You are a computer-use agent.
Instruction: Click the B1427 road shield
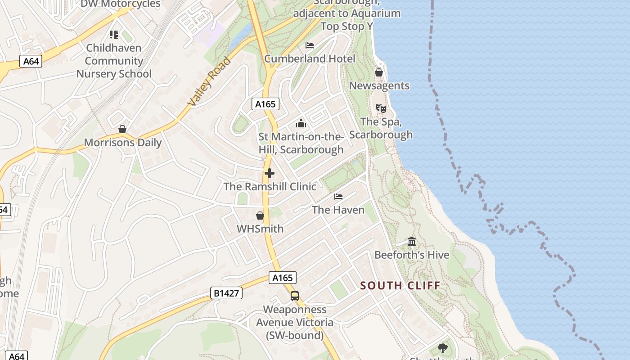[x=226, y=293]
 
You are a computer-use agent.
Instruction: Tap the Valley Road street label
[x=210, y=82]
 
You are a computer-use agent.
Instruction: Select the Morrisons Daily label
[x=123, y=143]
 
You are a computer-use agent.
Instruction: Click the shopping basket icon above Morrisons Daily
[x=122, y=130]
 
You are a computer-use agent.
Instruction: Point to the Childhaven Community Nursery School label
[x=114, y=61]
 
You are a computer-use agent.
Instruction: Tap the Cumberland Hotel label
[x=310, y=58]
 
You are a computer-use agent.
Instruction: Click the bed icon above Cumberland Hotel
[x=310, y=45]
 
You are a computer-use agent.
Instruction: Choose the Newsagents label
[x=379, y=85]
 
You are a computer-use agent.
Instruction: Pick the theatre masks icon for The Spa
[x=381, y=108]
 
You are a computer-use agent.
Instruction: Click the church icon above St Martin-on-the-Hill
[x=301, y=123]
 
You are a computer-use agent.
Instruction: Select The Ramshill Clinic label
[x=270, y=186]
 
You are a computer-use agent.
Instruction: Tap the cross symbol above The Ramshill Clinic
[x=270, y=173]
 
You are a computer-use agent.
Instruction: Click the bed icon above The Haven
[x=338, y=197]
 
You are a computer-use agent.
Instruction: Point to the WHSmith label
[x=260, y=229]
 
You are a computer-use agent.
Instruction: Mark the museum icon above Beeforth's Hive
[x=412, y=242]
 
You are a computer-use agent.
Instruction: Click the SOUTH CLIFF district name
[x=400, y=285]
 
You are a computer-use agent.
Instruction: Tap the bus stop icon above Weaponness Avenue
[x=295, y=296]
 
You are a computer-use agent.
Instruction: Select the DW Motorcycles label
[x=120, y=4]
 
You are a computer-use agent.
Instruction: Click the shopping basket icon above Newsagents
[x=379, y=72]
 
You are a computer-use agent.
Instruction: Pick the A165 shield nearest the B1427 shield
[x=283, y=278]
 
